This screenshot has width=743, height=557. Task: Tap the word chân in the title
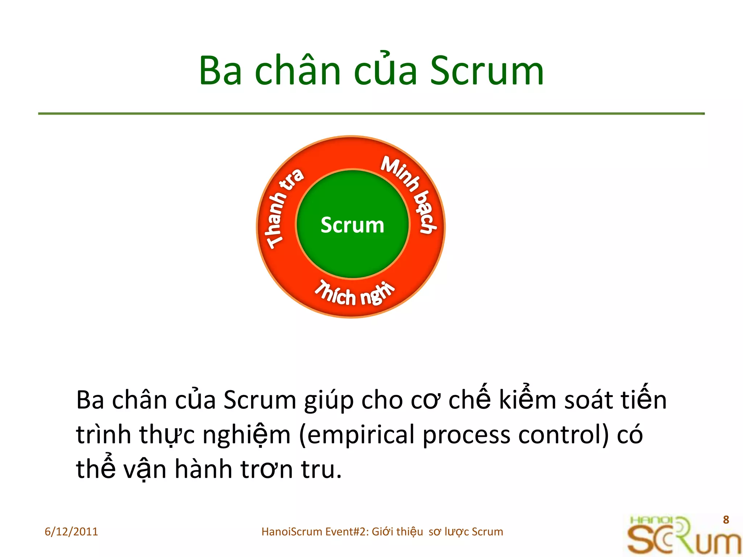297,71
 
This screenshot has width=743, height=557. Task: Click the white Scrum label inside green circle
352,225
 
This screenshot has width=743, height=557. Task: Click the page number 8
726,520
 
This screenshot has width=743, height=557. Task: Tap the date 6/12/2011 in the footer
71,532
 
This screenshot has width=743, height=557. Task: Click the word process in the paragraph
466,435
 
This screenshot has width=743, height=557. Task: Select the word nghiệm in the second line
247,435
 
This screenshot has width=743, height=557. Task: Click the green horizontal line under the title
371,114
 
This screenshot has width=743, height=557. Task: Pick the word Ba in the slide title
220,71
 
